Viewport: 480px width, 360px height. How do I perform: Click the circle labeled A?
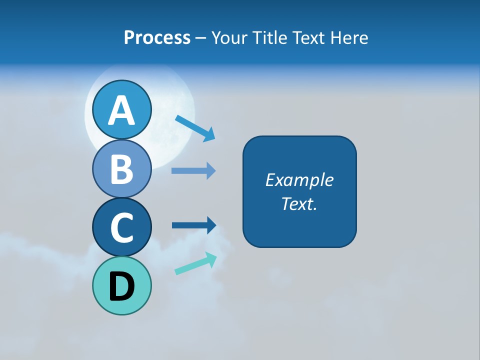tap(121, 109)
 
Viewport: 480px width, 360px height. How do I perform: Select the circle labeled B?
tap(121, 168)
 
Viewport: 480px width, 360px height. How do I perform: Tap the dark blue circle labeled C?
tap(121, 227)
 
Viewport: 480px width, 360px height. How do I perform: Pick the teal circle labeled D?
tap(121, 285)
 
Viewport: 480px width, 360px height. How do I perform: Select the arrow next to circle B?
tap(193, 171)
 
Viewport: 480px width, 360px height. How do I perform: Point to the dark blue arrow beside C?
tap(194, 225)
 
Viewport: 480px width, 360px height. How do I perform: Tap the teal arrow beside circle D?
tap(195, 263)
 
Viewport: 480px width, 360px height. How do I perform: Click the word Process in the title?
tap(157, 37)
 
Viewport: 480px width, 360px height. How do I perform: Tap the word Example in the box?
tap(299, 180)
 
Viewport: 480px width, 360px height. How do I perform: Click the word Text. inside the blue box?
tap(299, 203)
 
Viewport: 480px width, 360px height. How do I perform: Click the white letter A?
tap(121, 110)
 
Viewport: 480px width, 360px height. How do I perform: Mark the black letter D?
tap(121, 286)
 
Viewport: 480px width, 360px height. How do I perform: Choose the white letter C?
tap(121, 227)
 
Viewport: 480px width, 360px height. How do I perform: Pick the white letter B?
tap(121, 169)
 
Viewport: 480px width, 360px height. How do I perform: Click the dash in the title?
tap(201, 38)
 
